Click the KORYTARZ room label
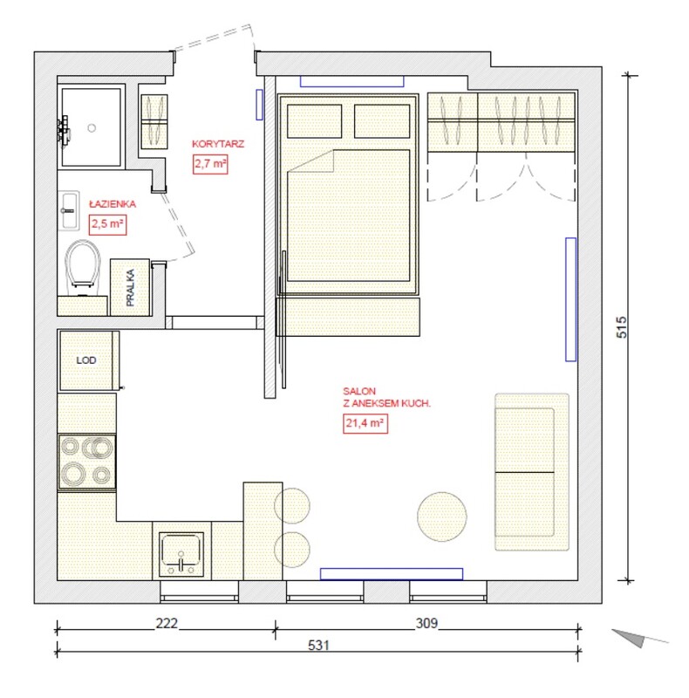pos(218,144)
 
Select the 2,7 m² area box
pos(210,164)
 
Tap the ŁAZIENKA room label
pos(113,204)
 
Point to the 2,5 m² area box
pos(108,224)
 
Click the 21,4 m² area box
pos(365,423)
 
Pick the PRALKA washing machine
pos(130,288)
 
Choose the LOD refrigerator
pos(87,360)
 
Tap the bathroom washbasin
pos(69,210)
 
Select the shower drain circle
pos(92,128)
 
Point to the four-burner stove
pos(87,462)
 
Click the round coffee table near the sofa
pos(442,517)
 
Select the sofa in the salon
pos(532,472)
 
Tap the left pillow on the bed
pos(315,121)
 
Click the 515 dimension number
pos(622,327)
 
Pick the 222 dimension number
pos(167,623)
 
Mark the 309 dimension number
pos(426,623)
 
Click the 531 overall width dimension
pos(318,645)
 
